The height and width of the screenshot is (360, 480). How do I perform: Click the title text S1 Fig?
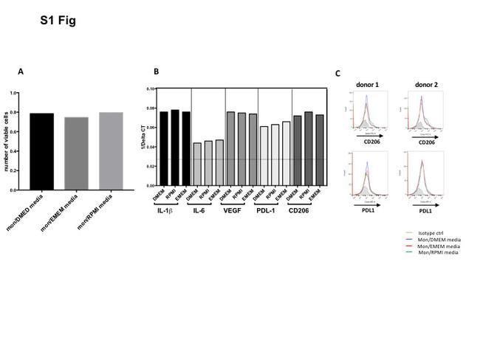(x=58, y=21)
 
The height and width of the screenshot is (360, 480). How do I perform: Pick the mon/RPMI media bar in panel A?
(x=108, y=151)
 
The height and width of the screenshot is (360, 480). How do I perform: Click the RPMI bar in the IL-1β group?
(x=175, y=148)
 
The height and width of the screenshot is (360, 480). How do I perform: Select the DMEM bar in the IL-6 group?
(x=197, y=164)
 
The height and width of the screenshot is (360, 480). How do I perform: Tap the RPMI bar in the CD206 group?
(x=308, y=148)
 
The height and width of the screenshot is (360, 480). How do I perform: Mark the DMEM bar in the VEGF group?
(x=230, y=148)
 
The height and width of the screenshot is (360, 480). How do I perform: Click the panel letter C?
(x=338, y=73)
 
